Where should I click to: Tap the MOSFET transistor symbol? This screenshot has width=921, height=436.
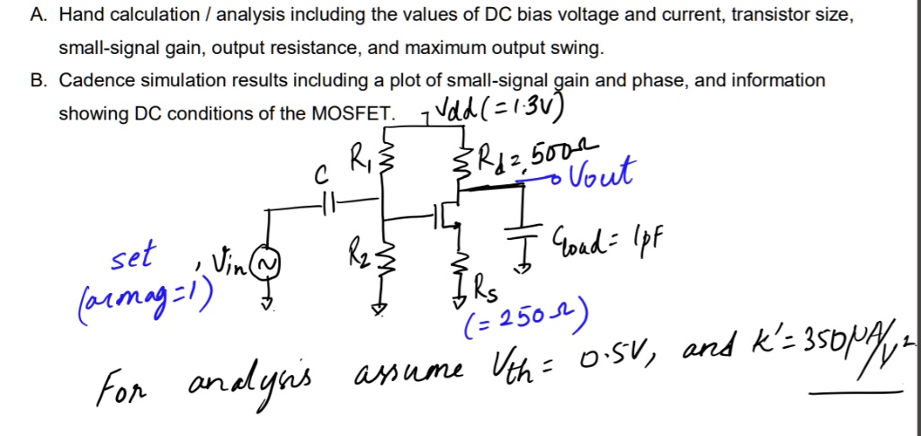click(x=446, y=216)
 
